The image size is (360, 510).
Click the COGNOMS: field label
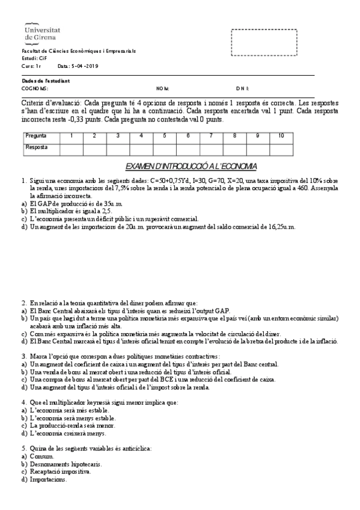(35, 88)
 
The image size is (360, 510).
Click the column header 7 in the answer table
(211, 136)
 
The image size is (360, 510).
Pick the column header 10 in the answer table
(281, 136)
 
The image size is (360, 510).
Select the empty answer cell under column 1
(72, 147)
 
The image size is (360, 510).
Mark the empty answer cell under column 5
(164, 147)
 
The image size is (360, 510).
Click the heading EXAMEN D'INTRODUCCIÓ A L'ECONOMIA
(191, 166)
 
